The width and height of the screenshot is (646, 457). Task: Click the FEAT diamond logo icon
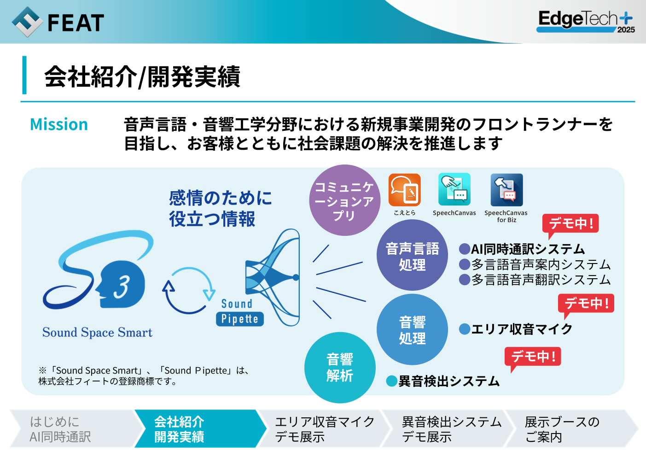point(28,22)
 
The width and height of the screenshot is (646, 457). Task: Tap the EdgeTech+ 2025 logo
point(585,22)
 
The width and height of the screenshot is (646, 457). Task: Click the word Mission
point(59,124)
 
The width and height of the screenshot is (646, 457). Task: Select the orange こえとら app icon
point(404,190)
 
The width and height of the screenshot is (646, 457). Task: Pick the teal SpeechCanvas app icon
point(454,189)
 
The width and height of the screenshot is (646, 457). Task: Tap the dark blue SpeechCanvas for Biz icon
point(506,190)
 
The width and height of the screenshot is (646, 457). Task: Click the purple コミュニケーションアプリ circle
point(344,200)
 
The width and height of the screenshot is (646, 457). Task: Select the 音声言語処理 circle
point(412,255)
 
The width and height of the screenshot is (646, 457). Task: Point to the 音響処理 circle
point(412,329)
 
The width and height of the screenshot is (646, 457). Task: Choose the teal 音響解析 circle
point(340,368)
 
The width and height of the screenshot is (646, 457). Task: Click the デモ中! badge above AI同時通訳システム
point(570,224)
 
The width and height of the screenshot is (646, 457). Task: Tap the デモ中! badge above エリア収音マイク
point(586,304)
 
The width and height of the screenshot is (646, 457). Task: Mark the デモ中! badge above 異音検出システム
point(532,357)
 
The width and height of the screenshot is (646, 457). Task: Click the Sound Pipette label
point(239,312)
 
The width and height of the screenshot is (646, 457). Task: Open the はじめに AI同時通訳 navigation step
point(76,429)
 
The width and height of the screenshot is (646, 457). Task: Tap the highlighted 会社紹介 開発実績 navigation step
point(199,429)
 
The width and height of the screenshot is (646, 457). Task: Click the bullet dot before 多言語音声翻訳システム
point(464,279)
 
